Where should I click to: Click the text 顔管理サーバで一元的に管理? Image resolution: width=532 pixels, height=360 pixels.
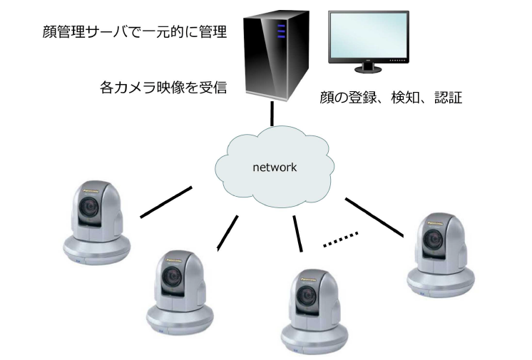[x=129, y=32]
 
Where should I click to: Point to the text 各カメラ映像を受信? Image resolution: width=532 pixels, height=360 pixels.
[x=163, y=89]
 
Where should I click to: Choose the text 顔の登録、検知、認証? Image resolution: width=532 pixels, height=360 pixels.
[x=391, y=98]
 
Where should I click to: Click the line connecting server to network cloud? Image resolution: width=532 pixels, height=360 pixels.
[x=272, y=115]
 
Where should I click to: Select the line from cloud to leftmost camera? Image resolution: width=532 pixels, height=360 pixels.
[x=165, y=202]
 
